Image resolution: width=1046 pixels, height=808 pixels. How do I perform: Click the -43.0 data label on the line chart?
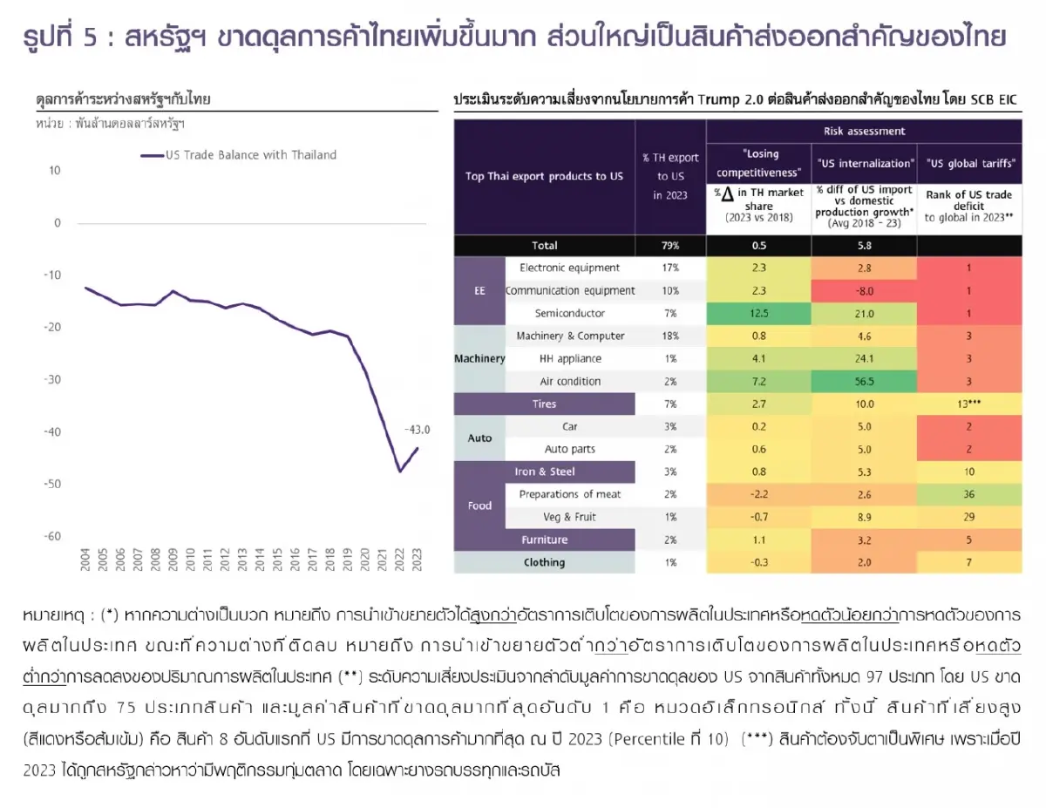(x=418, y=430)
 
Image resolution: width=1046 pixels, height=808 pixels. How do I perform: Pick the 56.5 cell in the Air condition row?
(x=864, y=382)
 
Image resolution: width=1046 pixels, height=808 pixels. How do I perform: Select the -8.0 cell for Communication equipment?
(x=864, y=291)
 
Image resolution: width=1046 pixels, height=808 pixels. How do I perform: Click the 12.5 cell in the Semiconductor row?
(x=758, y=314)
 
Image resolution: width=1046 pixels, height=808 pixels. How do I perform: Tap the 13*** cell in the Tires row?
(x=969, y=404)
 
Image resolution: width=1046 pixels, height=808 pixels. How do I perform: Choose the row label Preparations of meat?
(x=570, y=495)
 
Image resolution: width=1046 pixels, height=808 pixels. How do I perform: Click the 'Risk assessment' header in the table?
(x=864, y=132)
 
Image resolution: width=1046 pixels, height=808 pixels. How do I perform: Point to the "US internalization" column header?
(x=864, y=163)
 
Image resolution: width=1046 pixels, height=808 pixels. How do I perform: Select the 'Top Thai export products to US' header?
(x=544, y=176)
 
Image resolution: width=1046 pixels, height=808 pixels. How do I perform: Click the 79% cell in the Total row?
(x=670, y=246)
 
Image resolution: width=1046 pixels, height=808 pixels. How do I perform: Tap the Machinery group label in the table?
(x=479, y=359)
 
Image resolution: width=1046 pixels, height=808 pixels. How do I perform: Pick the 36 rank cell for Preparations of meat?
(x=969, y=495)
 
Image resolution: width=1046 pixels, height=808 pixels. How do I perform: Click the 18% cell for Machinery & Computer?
(x=670, y=336)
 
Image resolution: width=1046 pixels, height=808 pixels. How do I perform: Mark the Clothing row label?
(x=544, y=563)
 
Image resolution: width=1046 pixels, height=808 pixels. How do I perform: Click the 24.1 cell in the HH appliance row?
(x=864, y=359)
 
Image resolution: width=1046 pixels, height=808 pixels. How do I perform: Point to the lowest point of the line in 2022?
(x=400, y=472)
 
